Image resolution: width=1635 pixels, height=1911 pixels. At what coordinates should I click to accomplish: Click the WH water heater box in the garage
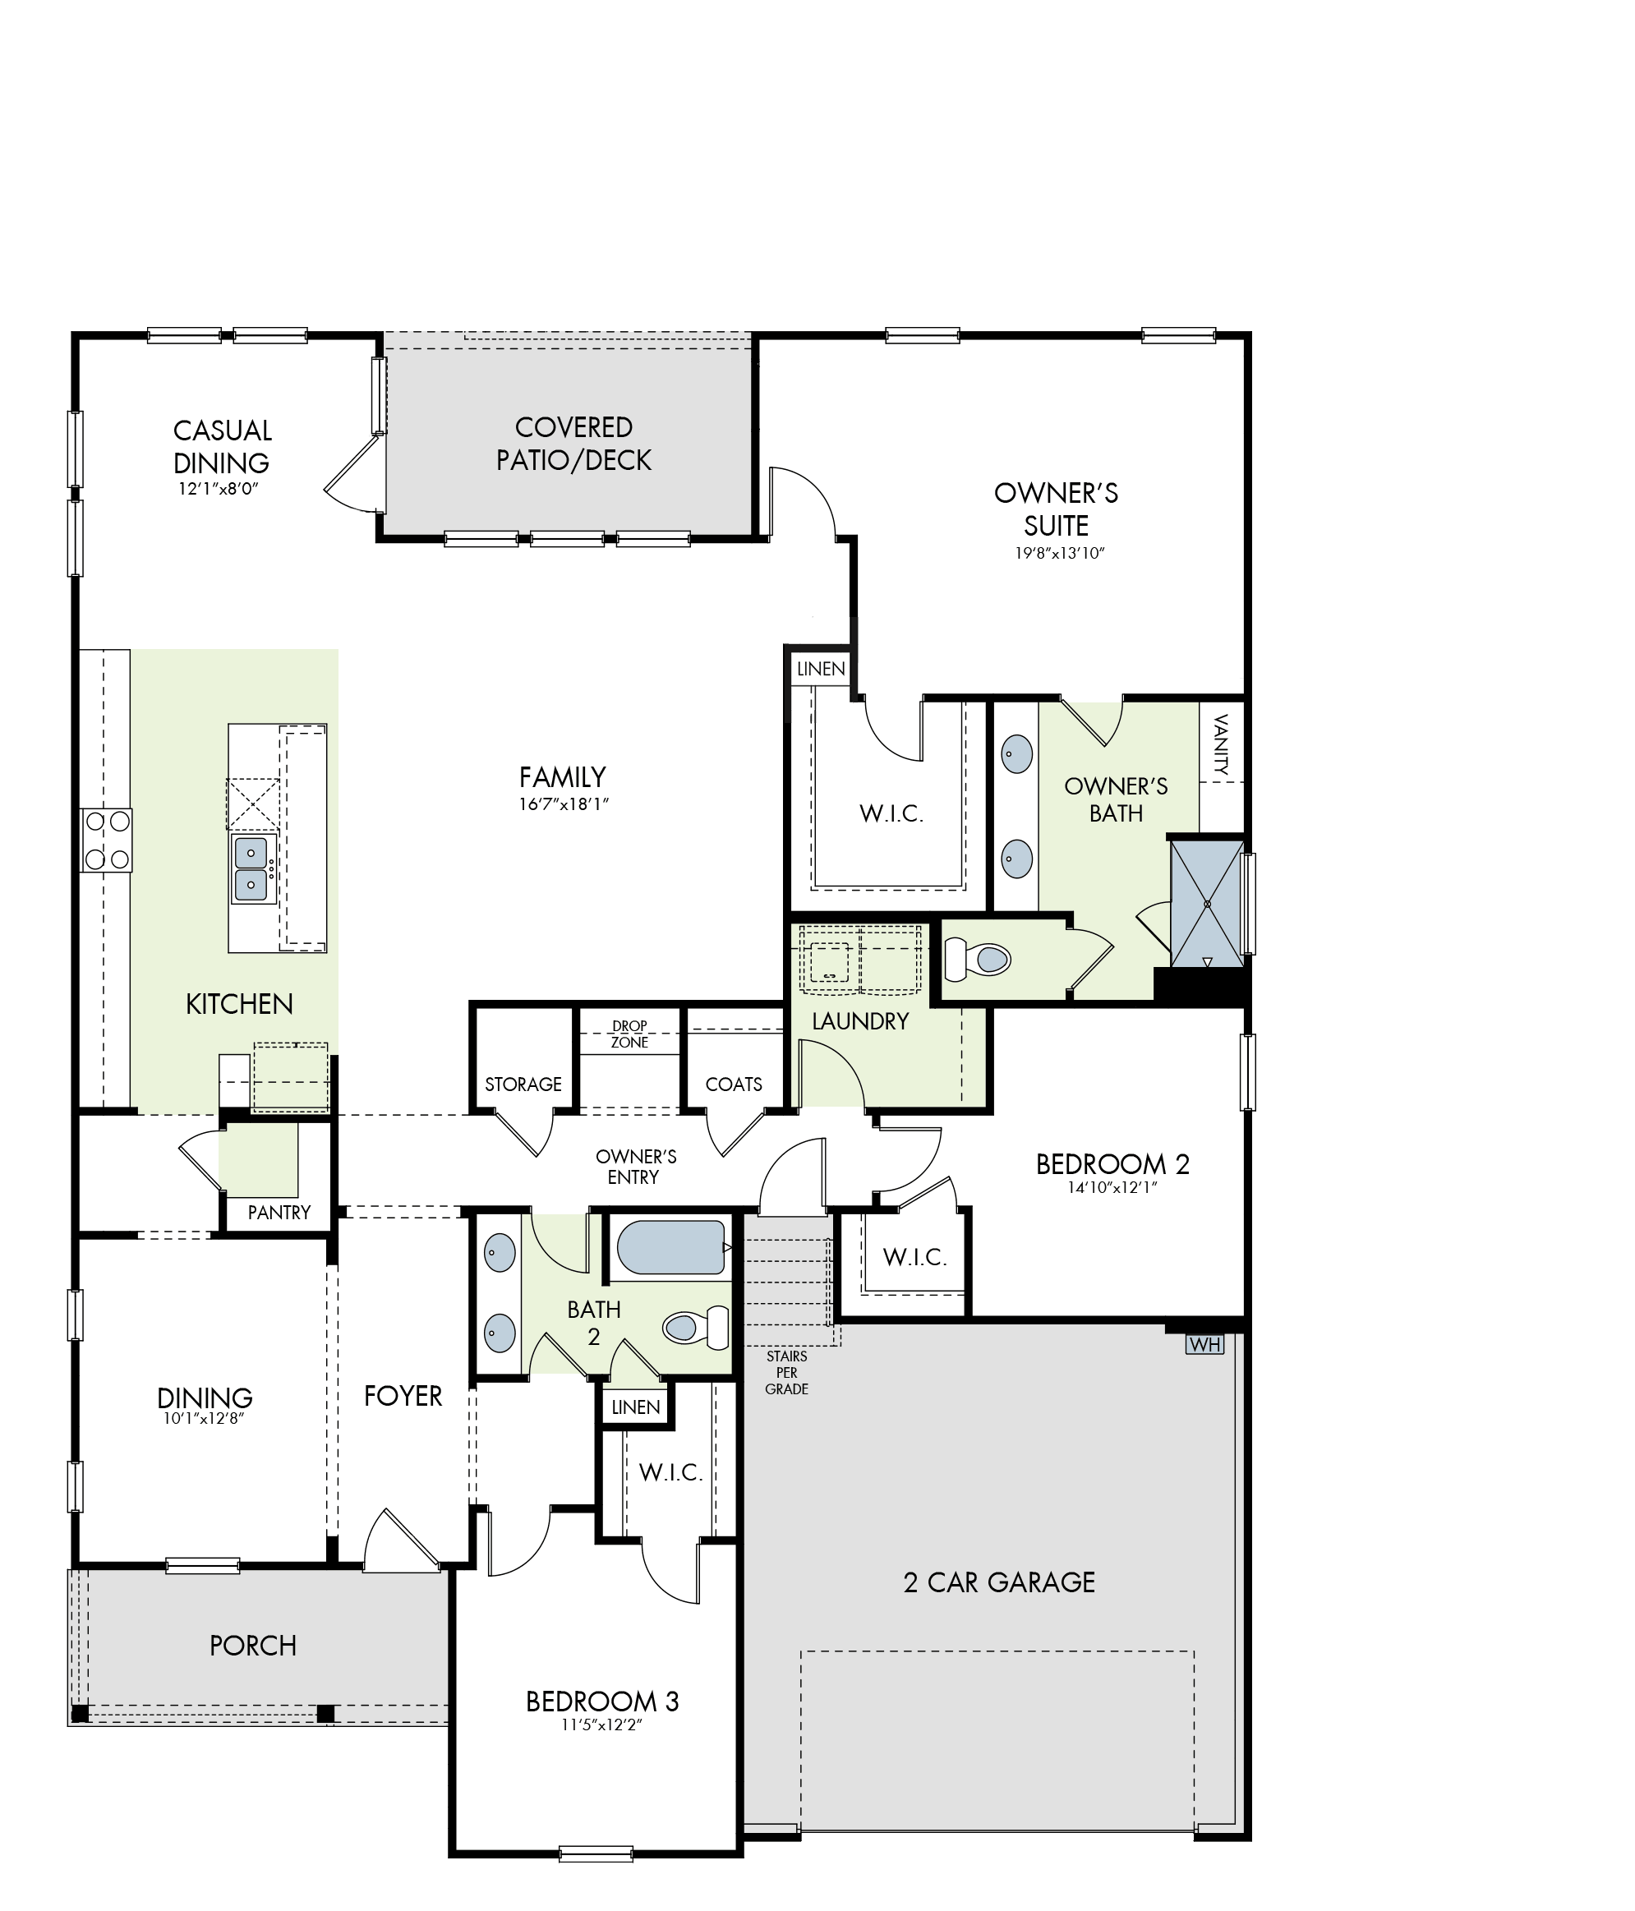(x=1204, y=1344)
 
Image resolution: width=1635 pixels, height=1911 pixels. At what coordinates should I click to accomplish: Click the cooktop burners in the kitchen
(x=106, y=840)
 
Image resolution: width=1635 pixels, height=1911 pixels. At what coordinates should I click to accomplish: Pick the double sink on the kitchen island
(x=251, y=868)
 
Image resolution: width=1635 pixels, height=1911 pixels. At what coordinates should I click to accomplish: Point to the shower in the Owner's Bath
(x=1206, y=904)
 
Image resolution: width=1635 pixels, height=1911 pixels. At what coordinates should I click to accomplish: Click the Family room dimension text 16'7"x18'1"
(x=564, y=804)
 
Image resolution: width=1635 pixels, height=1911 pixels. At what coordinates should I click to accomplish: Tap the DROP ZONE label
(x=630, y=1034)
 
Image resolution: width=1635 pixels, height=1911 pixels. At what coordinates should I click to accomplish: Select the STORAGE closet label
(x=523, y=1084)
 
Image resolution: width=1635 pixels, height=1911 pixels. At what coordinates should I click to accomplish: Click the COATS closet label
(x=733, y=1084)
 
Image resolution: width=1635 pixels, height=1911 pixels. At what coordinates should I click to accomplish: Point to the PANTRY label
(x=279, y=1212)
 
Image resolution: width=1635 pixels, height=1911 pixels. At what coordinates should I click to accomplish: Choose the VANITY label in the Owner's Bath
(x=1221, y=744)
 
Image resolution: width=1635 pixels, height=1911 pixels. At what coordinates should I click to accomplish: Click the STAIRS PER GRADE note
(x=786, y=1372)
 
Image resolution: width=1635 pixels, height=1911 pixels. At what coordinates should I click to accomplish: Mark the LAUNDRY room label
(x=860, y=1021)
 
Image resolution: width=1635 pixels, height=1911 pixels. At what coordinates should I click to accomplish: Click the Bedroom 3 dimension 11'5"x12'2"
(x=601, y=1725)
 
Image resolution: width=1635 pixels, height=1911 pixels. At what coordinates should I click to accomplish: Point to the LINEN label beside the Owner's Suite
(x=821, y=669)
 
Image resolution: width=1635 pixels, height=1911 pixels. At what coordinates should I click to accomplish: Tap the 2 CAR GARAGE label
(x=999, y=1582)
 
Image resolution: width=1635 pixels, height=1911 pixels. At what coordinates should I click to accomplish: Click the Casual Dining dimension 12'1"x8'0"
(x=219, y=489)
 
